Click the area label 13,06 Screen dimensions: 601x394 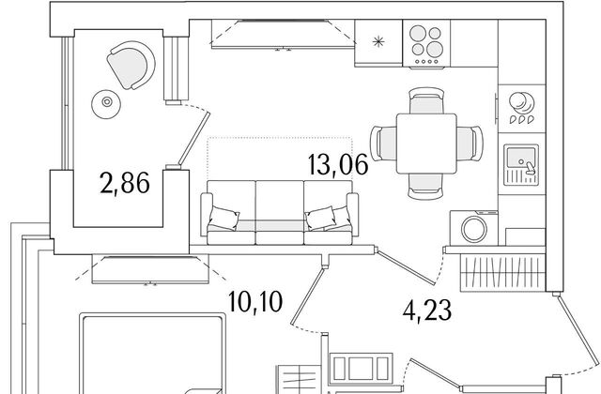point(338,165)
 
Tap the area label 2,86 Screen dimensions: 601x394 point(125,183)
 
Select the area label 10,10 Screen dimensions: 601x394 point(255,301)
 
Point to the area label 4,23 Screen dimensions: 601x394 point(427,311)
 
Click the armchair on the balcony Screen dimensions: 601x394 point(131,65)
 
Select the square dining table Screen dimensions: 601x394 point(426,144)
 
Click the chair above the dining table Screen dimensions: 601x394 point(426,100)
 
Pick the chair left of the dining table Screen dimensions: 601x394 point(383,144)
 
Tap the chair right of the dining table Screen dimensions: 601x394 point(470,144)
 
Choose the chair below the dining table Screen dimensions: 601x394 point(426,187)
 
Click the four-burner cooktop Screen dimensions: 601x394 point(426,44)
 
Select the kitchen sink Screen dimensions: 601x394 point(521,165)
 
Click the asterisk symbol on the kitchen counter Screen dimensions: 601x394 point(378,41)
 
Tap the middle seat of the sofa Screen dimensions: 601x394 point(280,213)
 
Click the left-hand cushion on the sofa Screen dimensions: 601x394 point(223,219)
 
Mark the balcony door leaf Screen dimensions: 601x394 point(194,138)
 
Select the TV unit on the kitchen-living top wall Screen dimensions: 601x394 point(284,35)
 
